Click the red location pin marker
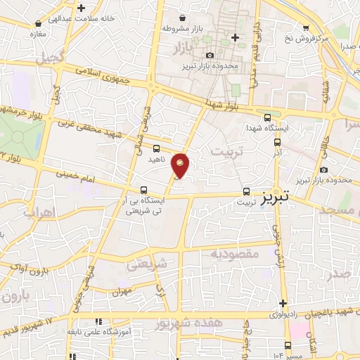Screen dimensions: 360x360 180,165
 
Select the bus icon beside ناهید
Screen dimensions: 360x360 156,148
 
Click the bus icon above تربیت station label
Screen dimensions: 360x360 246,191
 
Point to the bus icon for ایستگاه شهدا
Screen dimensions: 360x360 267,117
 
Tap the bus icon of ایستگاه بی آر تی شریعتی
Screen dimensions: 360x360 143,190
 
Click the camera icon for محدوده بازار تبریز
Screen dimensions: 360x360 210,56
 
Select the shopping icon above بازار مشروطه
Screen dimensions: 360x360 183,18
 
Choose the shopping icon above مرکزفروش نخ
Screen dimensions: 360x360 305,27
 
